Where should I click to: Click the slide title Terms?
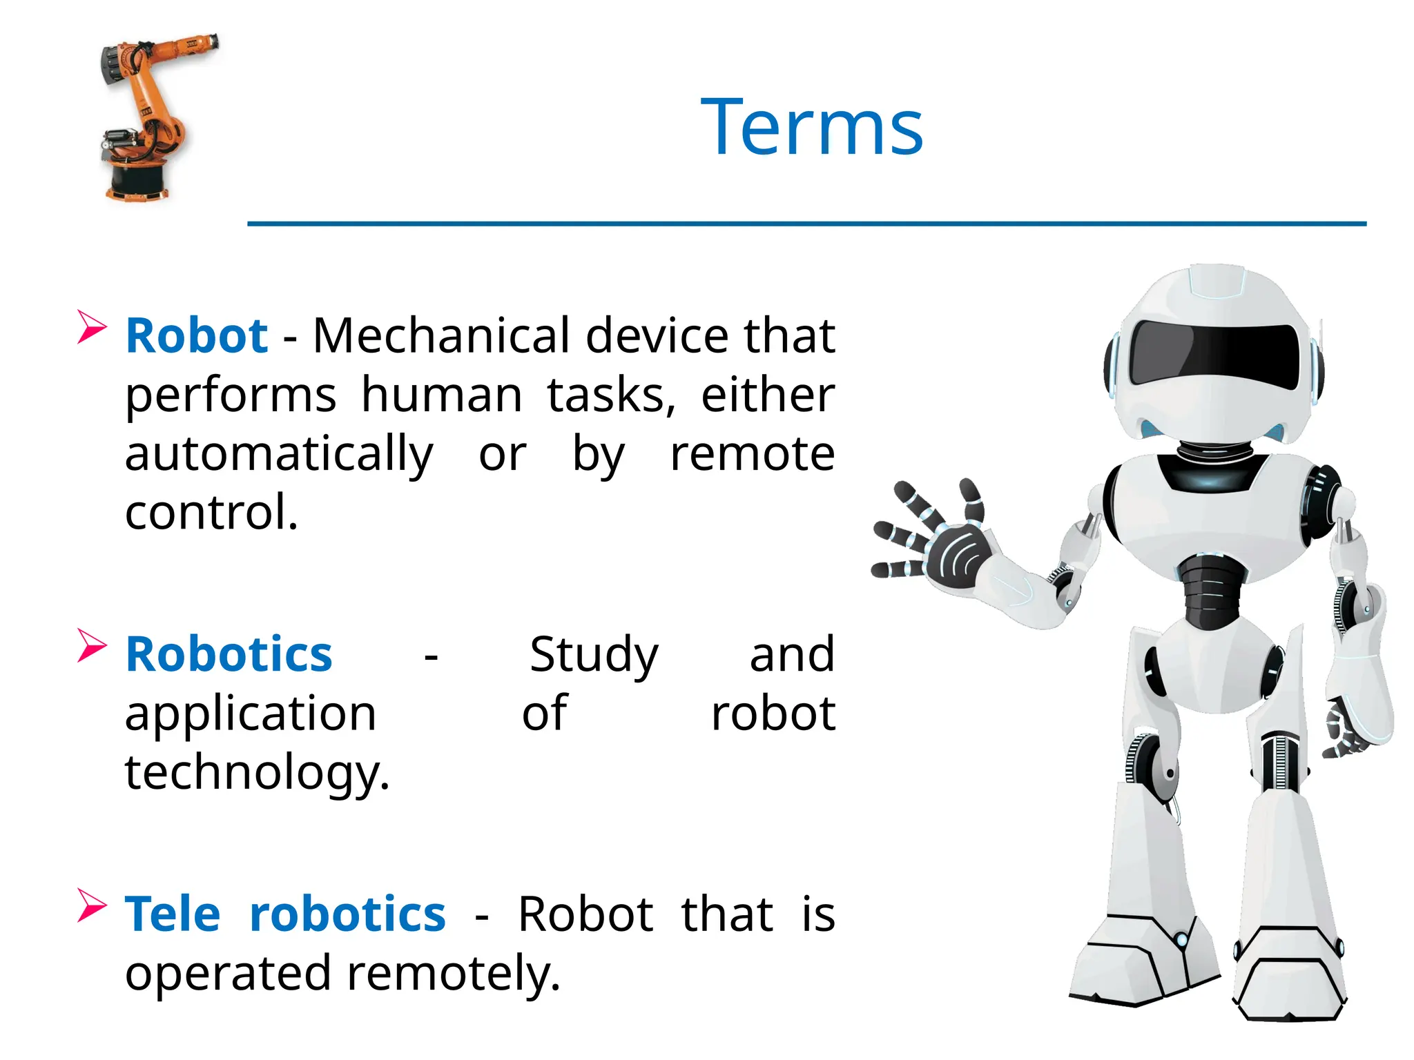[812, 128]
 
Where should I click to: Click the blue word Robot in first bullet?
[197, 336]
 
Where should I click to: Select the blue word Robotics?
[229, 654]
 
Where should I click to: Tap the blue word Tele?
[173, 914]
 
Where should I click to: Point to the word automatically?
[279, 455]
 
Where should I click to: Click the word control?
[211, 513]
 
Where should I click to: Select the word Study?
[594, 654]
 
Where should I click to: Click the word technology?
[257, 773]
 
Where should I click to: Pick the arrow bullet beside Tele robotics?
[92, 905]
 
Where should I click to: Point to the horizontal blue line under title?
[806, 224]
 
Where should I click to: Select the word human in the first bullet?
[442, 395]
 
